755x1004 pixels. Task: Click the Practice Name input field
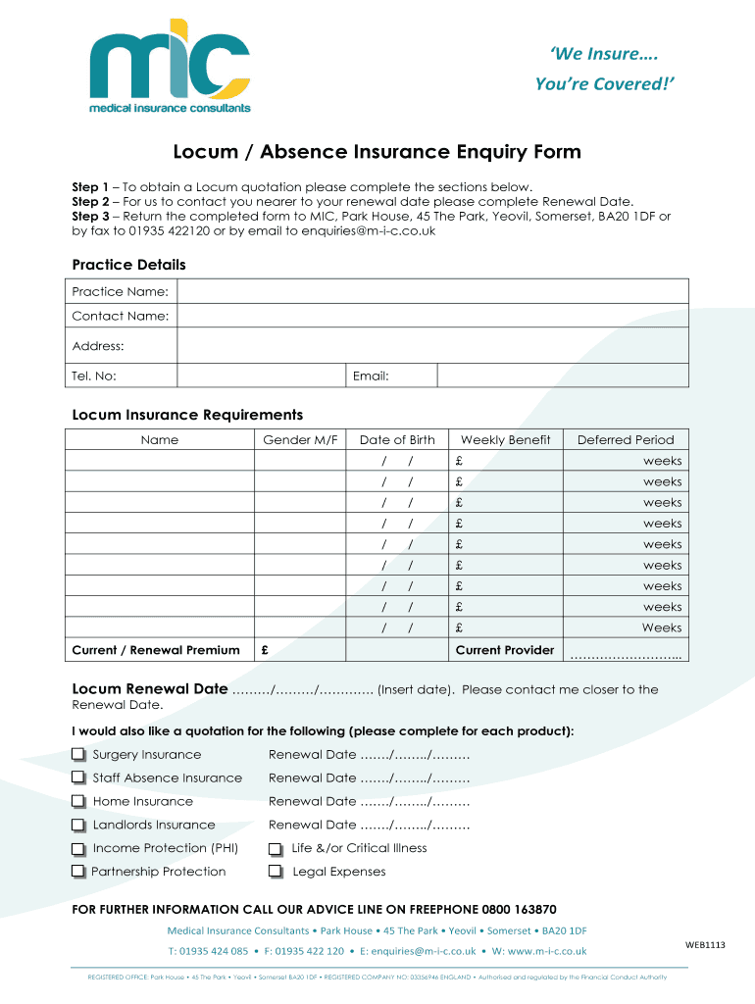[x=432, y=291]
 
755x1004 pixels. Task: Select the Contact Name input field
[x=432, y=316]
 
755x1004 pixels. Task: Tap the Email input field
[x=562, y=376]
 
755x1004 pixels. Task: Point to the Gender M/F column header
[x=300, y=440]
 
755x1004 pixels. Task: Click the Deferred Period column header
[x=626, y=440]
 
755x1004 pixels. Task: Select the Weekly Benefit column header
[x=505, y=440]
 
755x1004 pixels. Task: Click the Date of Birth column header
[x=397, y=440]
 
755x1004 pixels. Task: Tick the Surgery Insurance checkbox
[x=78, y=755]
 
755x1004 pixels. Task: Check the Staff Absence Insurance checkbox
[x=78, y=778]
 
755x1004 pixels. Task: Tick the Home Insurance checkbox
[x=78, y=802]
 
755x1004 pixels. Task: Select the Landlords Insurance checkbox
[x=78, y=826]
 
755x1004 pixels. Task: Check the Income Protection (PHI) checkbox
[x=78, y=849]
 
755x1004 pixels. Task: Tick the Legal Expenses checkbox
[x=277, y=873]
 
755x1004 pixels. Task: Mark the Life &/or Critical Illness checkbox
[x=277, y=849]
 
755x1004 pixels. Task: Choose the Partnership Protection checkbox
[x=78, y=873]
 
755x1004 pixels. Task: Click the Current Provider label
[x=505, y=650]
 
